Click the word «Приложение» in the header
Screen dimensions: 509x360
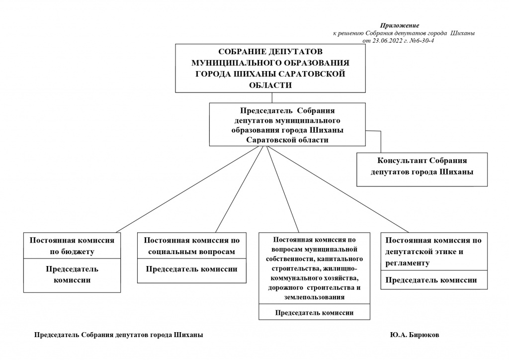pyautogui.click(x=400, y=25)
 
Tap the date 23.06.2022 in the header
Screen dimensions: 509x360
pyautogui.click(x=387, y=41)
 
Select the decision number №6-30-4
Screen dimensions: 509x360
pyautogui.click(x=422, y=41)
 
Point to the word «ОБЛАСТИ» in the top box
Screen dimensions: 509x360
pyautogui.click(x=270, y=86)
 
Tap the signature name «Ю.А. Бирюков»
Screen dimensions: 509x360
pyautogui.click(x=415, y=335)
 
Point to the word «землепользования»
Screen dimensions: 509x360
pyautogui.click(x=314, y=297)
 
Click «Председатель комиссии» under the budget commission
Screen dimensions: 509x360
pyautogui.click(x=72, y=274)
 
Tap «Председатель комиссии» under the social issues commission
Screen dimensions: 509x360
pyautogui.click(x=191, y=269)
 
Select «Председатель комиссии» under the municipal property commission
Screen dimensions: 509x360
pyautogui.click(x=314, y=313)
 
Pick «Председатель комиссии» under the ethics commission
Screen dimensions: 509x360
pyautogui.click(x=431, y=280)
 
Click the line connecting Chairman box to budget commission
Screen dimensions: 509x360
pyautogui.click(x=189, y=189)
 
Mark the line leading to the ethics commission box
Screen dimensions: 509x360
pyautogui.click(x=338, y=189)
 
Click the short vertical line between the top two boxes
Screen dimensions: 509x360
pyautogui.click(x=272, y=98)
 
